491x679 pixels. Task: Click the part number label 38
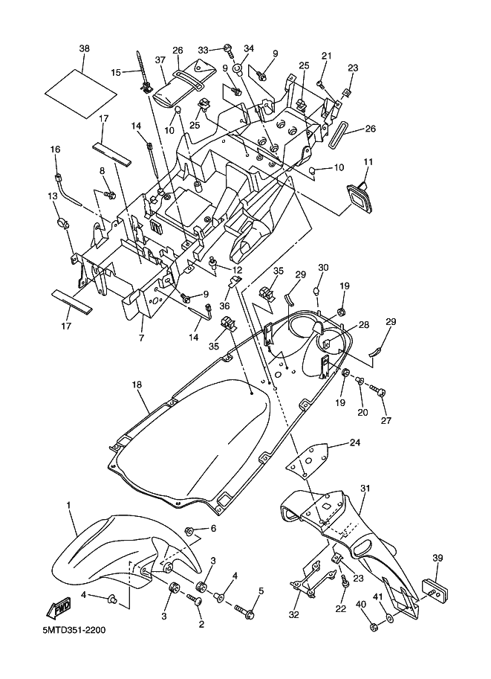84,48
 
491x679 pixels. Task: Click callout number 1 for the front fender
69,505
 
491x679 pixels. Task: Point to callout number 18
137,384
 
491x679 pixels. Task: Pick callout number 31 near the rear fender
365,488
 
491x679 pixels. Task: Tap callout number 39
438,558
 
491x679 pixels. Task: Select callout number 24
355,443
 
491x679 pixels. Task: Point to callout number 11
368,161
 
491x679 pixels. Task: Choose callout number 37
159,60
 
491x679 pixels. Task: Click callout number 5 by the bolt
261,591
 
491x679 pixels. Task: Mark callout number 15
115,72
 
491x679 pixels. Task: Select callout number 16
55,149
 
